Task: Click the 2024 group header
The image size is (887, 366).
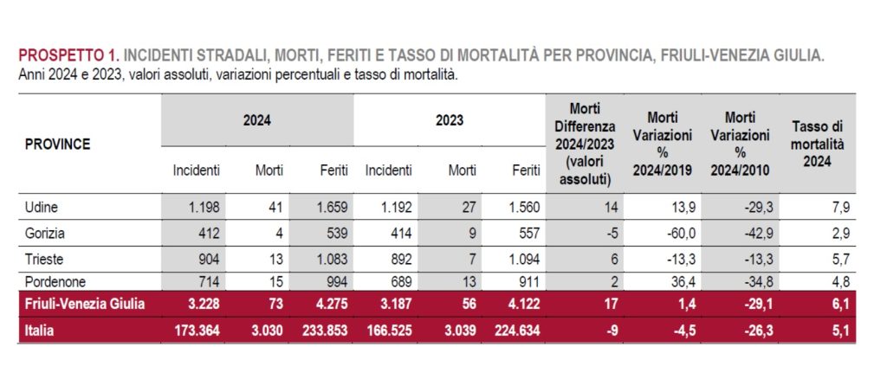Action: tap(257, 120)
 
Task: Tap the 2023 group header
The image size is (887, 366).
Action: tap(449, 120)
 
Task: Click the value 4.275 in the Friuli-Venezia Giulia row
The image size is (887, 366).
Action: tap(329, 305)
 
